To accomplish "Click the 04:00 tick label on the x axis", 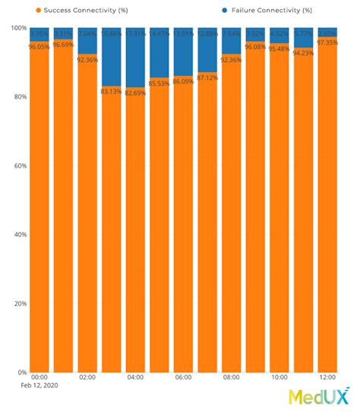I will coord(135,377).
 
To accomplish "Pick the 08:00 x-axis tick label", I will coord(232,377).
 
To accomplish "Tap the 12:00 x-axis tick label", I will coord(327,377).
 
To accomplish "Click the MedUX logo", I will coord(318,396).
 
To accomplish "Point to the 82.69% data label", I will coord(135,93).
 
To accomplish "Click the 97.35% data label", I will coord(327,42).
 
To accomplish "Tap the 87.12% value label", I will coord(207,77).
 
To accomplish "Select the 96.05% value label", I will coord(39,46).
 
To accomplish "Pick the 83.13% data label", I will coord(111,91).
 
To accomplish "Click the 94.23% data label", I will coord(304,53).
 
